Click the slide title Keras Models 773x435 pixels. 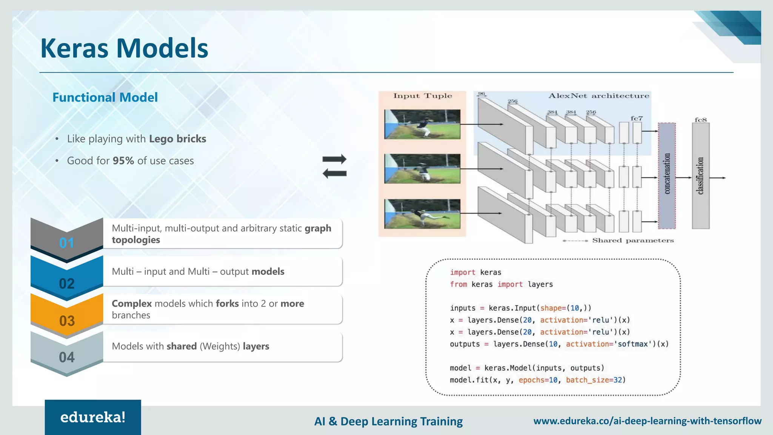[x=124, y=48]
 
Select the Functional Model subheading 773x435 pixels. [x=105, y=97]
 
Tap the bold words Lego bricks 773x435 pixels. [x=177, y=139]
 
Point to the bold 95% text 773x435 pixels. [x=123, y=161]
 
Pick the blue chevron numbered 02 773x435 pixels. [x=67, y=279]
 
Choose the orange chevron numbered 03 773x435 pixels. [x=67, y=317]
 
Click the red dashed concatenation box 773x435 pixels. [x=667, y=176]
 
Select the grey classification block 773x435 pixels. [x=701, y=176]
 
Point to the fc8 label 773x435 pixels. [x=701, y=120]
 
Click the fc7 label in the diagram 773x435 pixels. [x=636, y=118]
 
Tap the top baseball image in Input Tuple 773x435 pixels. [x=422, y=124]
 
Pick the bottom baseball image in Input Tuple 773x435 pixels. [x=422, y=214]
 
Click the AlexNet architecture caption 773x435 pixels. [x=599, y=96]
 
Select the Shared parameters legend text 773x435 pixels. [x=633, y=241]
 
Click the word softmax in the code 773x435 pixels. [x=633, y=344]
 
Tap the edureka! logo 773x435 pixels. [x=93, y=417]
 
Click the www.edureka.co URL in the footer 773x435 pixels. [x=647, y=421]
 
